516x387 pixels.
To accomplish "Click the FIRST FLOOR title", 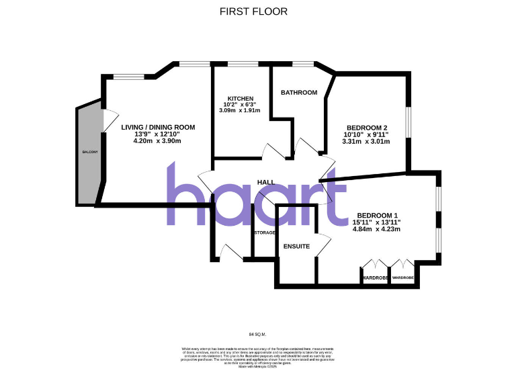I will [x=253, y=11].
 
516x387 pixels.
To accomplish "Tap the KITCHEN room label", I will [x=240, y=99].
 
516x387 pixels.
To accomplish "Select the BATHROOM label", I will [x=298, y=93].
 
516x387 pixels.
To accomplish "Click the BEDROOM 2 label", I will [x=366, y=128].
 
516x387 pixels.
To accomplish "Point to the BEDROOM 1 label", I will [x=376, y=215].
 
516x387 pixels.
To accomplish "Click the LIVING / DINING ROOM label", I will [x=158, y=127].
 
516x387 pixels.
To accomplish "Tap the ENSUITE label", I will [x=296, y=247].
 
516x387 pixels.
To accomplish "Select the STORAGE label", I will [x=265, y=232].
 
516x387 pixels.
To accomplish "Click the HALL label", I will [x=266, y=183].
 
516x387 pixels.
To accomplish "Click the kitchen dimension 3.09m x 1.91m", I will [x=240, y=111].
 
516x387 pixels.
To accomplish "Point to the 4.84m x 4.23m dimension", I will [x=376, y=229].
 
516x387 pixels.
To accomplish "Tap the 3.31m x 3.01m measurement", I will [x=366, y=142].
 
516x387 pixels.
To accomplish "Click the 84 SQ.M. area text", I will [x=258, y=333].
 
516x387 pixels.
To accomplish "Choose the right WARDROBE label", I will [x=403, y=277].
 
